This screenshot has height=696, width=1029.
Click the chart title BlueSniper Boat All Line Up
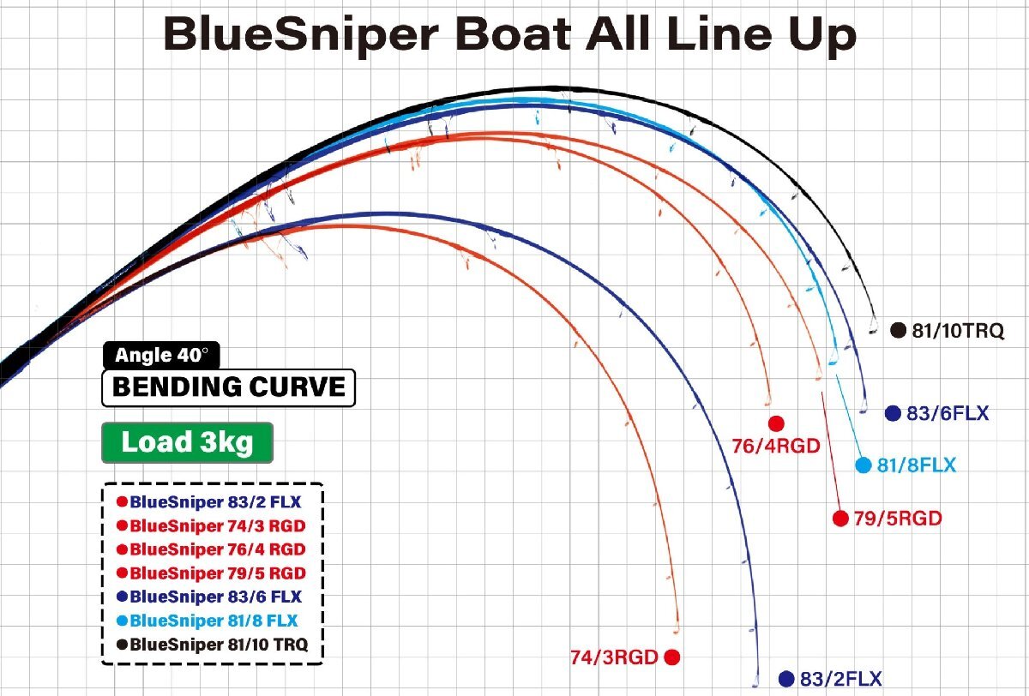coord(509,35)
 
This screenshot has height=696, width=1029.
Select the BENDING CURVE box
coord(228,387)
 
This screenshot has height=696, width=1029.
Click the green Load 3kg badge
coord(186,443)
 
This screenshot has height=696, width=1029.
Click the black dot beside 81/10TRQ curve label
coord(899,330)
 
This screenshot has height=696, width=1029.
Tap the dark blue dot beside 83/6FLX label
coord(893,413)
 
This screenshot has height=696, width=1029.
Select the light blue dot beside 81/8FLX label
coord(864,465)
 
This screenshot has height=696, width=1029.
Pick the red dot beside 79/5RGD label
coord(840,518)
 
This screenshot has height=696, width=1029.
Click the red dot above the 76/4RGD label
coord(777,423)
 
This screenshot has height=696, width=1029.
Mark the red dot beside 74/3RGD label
coord(671,657)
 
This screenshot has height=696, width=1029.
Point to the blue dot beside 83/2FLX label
coord(786,678)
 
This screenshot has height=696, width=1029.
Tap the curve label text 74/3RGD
coord(614,658)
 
